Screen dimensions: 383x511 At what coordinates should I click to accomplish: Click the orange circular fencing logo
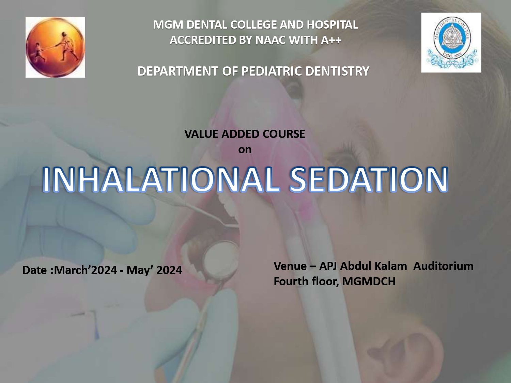55,47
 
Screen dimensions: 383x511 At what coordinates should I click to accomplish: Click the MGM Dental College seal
451,43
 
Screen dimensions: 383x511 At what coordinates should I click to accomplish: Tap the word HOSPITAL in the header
332,25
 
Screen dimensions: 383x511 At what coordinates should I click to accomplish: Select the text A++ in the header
331,40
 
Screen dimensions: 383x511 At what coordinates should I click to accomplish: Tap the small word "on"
245,149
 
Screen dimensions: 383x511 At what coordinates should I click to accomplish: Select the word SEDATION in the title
369,179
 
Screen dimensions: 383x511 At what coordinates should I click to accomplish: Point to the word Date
34,270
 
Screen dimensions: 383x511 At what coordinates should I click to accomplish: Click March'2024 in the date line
86,270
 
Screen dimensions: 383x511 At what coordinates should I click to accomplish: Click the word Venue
290,266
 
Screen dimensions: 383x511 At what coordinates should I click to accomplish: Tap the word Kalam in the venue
390,266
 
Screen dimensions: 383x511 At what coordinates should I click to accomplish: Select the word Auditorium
443,266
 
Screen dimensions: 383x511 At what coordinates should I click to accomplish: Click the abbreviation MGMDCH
369,282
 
